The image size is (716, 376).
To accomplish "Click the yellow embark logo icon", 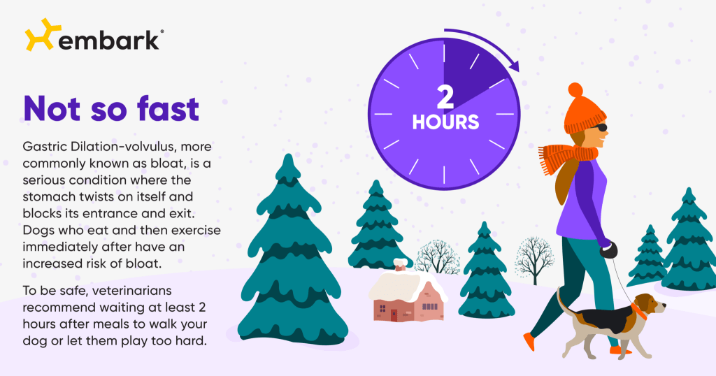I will coord(38,34).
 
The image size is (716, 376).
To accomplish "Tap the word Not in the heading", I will coord(57,110).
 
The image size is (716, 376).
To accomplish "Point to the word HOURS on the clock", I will coord(445,122).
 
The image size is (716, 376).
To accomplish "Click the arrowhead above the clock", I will coord(515,66).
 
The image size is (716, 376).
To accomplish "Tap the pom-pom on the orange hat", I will coord(575,90).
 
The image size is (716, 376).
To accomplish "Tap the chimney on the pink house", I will coord(400,265).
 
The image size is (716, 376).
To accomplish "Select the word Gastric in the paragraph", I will coord(48,147).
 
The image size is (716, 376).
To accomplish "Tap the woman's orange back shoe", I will coord(529,342).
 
